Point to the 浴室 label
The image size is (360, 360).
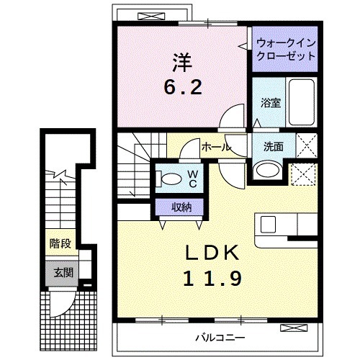tap(270, 102)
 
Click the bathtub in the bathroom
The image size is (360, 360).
tap(302, 102)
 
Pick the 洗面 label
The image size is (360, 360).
tap(273, 146)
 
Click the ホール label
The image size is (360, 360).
tap(215, 147)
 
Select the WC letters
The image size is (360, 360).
tap(193, 178)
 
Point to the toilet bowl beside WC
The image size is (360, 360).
tap(171, 179)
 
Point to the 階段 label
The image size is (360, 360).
tap(60, 243)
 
